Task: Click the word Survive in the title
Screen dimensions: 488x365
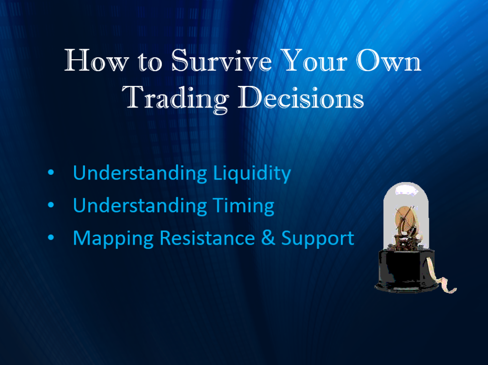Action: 221,60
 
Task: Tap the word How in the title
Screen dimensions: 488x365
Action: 96,60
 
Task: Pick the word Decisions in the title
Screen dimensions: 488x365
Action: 301,97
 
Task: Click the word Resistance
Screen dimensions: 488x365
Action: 207,237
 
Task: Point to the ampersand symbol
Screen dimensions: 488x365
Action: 268,237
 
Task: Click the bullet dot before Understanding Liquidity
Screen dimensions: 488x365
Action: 51,172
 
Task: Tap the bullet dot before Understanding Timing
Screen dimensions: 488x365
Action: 51,205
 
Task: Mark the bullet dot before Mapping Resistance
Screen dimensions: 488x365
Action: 51,237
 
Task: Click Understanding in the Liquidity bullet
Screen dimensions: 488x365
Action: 140,173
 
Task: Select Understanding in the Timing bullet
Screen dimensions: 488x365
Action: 140,205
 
